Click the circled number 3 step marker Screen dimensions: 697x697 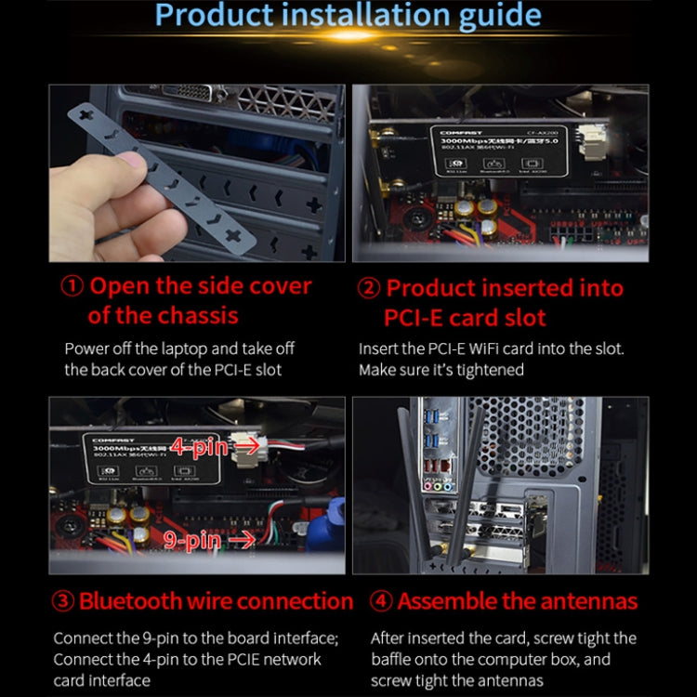[63, 601]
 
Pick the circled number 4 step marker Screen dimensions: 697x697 [381, 601]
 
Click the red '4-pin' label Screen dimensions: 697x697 [198, 447]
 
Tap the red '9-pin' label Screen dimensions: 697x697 [192, 539]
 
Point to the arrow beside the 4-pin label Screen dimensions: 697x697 [246, 446]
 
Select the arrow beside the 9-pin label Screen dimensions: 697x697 [241, 538]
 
